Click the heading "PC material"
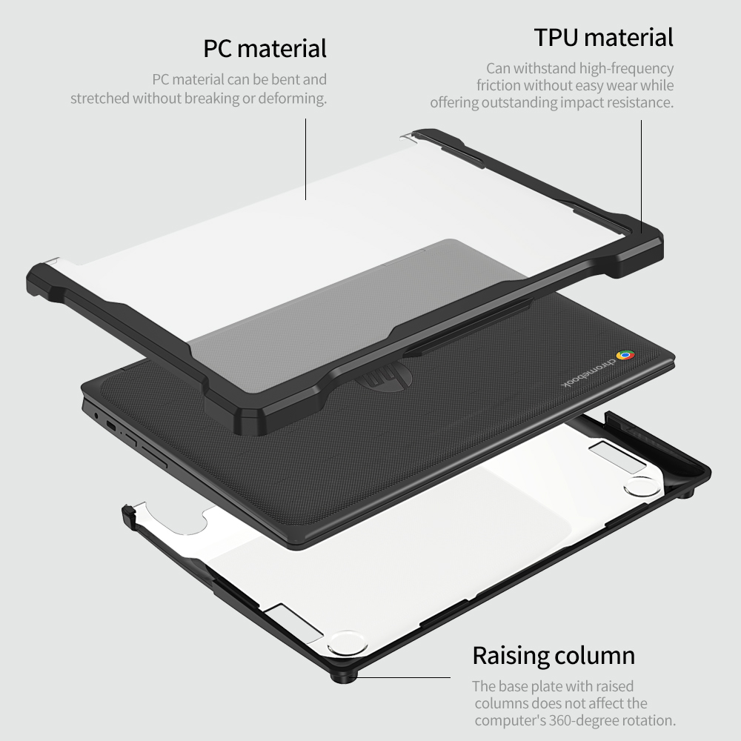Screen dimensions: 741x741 [x=265, y=49]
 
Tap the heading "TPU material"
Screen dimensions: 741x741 [x=604, y=37]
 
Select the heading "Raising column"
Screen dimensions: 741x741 [x=554, y=656]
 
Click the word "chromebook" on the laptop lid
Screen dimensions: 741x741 [x=592, y=374]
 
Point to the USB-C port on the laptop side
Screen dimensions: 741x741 [x=112, y=426]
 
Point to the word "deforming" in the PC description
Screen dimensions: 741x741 [x=294, y=99]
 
